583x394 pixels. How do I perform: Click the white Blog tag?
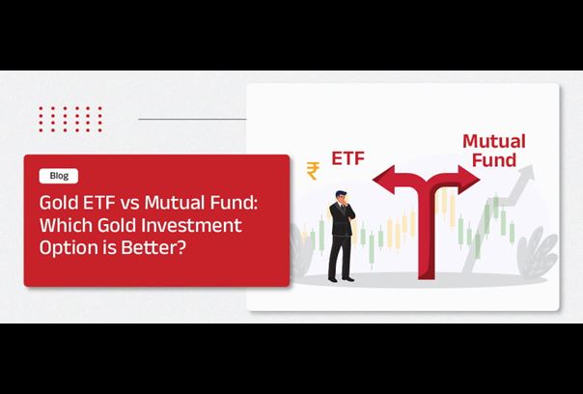pyautogui.click(x=58, y=176)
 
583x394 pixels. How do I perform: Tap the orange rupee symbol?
pyautogui.click(x=313, y=171)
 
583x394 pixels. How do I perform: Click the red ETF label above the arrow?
pyautogui.click(x=347, y=158)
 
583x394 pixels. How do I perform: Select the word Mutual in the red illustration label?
pyautogui.click(x=494, y=142)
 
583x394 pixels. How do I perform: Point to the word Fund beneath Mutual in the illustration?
pyautogui.click(x=494, y=160)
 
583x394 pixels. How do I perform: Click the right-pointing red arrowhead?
pyautogui.click(x=468, y=180)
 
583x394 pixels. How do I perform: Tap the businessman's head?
pyautogui.click(x=341, y=196)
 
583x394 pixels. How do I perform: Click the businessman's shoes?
pyautogui.click(x=341, y=279)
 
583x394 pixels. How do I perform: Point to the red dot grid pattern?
pyautogui.click(x=70, y=119)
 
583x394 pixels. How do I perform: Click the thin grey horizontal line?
pyautogui.click(x=192, y=119)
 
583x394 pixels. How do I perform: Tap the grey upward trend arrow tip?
pyautogui.click(x=530, y=169)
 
